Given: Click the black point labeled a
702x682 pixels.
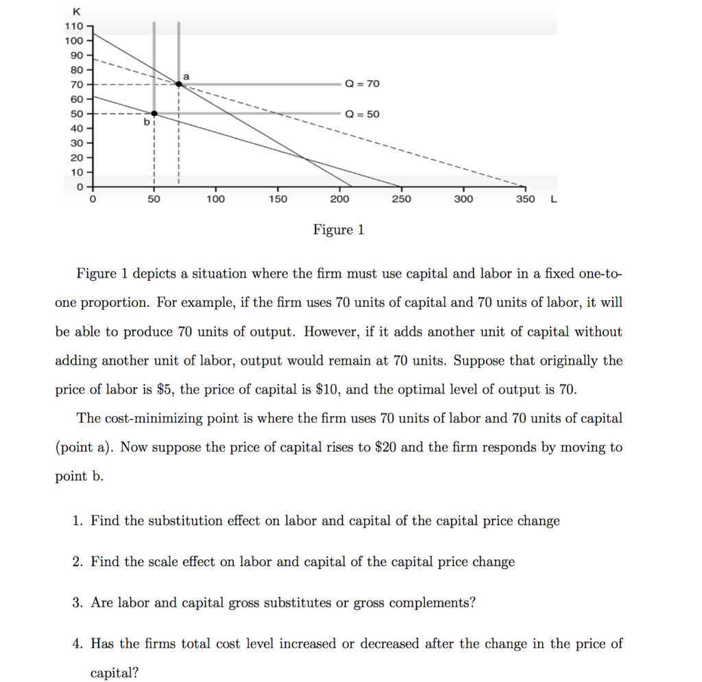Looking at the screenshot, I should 179,84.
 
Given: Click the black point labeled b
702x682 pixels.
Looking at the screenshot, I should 154,113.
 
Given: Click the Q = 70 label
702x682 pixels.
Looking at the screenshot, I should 362,84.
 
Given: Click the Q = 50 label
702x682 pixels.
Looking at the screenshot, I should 362,114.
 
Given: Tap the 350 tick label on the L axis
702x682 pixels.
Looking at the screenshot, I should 525,199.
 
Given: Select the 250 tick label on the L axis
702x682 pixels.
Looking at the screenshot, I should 401,199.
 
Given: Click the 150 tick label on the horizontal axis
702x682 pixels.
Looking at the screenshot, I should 277,199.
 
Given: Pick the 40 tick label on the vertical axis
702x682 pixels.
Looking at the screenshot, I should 75,128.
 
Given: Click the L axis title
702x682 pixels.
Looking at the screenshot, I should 553,199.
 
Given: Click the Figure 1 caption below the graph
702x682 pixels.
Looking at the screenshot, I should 339,230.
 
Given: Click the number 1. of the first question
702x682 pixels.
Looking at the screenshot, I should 78,521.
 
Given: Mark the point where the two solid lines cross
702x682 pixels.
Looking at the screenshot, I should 304,158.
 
